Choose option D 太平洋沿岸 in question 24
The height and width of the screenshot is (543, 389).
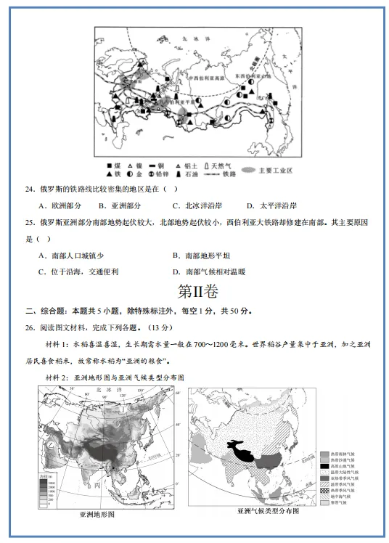coord(272,205)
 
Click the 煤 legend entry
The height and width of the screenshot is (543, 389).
coord(115,165)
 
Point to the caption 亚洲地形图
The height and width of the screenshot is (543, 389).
coord(94,513)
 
